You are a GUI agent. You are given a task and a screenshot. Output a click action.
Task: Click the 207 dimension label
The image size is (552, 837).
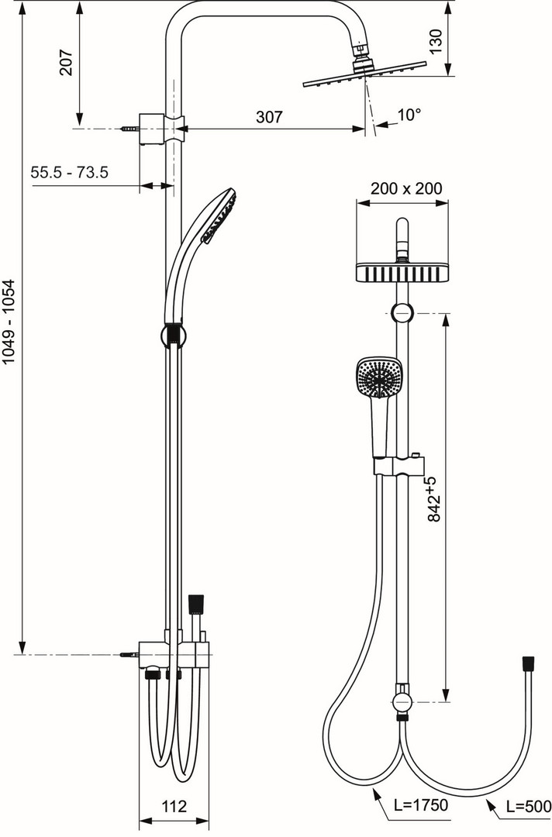[x=66, y=63]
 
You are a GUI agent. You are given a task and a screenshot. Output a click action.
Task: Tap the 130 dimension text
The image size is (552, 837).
[x=436, y=41]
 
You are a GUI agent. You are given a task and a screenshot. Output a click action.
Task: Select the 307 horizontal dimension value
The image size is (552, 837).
[x=268, y=116]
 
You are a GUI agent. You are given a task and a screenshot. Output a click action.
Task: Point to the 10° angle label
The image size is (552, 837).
[x=409, y=115]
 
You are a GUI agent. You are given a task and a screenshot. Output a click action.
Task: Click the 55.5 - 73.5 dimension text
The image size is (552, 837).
[x=70, y=172]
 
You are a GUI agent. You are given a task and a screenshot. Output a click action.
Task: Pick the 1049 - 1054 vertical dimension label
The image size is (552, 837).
[x=11, y=322]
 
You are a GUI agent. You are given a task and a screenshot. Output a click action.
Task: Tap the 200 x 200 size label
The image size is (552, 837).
[x=406, y=188]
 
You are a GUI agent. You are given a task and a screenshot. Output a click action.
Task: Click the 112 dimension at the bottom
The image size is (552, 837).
[x=174, y=805]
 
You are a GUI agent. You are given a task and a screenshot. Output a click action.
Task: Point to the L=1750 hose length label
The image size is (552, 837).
[x=421, y=804]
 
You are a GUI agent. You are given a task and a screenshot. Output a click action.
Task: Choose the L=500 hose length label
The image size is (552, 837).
[x=528, y=805]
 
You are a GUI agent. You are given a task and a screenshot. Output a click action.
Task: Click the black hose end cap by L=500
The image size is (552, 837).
[x=529, y=663]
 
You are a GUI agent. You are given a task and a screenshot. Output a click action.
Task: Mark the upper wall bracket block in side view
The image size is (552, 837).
[x=153, y=129]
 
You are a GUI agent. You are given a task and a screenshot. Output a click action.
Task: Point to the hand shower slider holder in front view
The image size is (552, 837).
[x=399, y=465]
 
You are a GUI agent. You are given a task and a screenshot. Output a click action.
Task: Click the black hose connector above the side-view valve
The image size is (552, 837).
[x=196, y=604]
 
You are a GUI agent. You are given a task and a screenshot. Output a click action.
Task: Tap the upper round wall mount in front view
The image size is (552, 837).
[x=402, y=313]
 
